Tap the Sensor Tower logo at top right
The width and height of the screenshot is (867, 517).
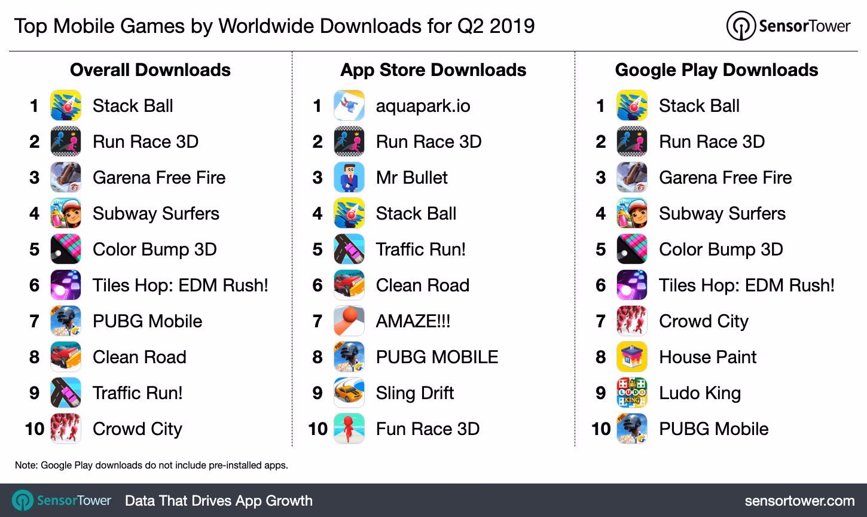coord(788,26)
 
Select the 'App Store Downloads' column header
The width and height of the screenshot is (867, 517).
coord(433,70)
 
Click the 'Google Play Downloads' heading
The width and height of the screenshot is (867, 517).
coord(716,70)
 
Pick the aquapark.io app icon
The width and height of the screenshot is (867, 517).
coord(349,106)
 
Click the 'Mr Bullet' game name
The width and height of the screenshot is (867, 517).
coord(411,178)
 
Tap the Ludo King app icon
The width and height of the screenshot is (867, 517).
coord(632,393)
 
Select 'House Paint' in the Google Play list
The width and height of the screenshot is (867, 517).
coord(707,357)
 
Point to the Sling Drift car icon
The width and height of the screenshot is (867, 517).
coord(349,393)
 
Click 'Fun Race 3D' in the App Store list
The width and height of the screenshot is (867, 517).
coord(428,429)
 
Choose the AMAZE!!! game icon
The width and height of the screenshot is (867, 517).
coord(349,321)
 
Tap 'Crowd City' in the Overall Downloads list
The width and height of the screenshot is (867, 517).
coord(137,429)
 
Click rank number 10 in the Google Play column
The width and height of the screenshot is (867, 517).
coord(601,429)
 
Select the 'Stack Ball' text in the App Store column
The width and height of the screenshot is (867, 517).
coord(416,214)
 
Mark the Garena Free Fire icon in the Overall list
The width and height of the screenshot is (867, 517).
coord(66,178)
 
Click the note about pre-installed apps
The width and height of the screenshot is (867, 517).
coord(151,465)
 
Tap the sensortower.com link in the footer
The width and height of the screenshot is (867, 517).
coord(799,500)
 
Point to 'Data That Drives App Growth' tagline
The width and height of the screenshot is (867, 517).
coord(218,500)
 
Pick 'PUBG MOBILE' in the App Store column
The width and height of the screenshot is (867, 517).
coord(436,357)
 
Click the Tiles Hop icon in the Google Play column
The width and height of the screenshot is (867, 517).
coord(632,285)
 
